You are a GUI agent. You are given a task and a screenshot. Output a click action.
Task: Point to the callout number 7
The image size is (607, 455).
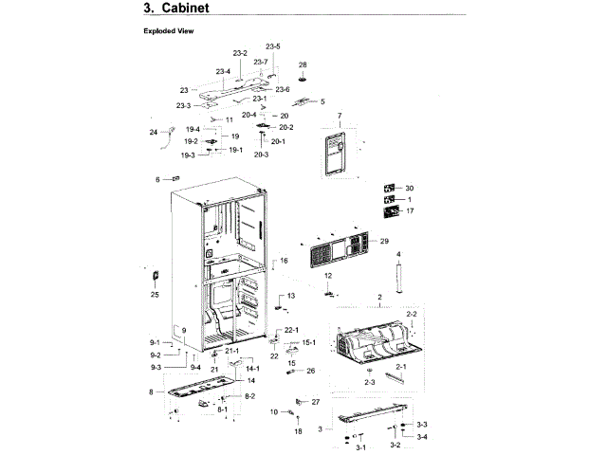pyautogui.click(x=339, y=116)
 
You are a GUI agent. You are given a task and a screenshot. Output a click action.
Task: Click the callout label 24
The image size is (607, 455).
pyautogui.click(x=153, y=132)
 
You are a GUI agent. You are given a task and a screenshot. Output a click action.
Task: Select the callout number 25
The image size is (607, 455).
pyautogui.click(x=155, y=295)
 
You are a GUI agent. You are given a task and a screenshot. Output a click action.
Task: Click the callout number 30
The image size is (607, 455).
pyautogui.click(x=410, y=189)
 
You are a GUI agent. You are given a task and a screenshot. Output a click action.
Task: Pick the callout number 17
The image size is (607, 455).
pyautogui.click(x=410, y=211)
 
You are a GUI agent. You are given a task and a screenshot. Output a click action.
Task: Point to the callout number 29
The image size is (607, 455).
pyautogui.click(x=384, y=242)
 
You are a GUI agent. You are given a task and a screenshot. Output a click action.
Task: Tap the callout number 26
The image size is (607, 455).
pyautogui.click(x=310, y=371)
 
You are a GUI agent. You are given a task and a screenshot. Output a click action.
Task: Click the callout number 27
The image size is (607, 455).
pyautogui.click(x=316, y=402)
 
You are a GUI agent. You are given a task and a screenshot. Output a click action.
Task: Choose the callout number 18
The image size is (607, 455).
pyautogui.click(x=298, y=431)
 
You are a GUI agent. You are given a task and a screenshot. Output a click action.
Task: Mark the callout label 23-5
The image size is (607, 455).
pyautogui.click(x=273, y=46)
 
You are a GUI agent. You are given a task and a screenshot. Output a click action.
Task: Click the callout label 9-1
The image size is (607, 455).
pyautogui.click(x=154, y=342)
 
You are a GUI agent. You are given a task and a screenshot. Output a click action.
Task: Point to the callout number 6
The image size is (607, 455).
pyautogui.click(x=158, y=179)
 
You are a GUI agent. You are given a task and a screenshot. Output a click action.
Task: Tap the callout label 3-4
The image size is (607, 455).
pyautogui.click(x=422, y=437)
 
